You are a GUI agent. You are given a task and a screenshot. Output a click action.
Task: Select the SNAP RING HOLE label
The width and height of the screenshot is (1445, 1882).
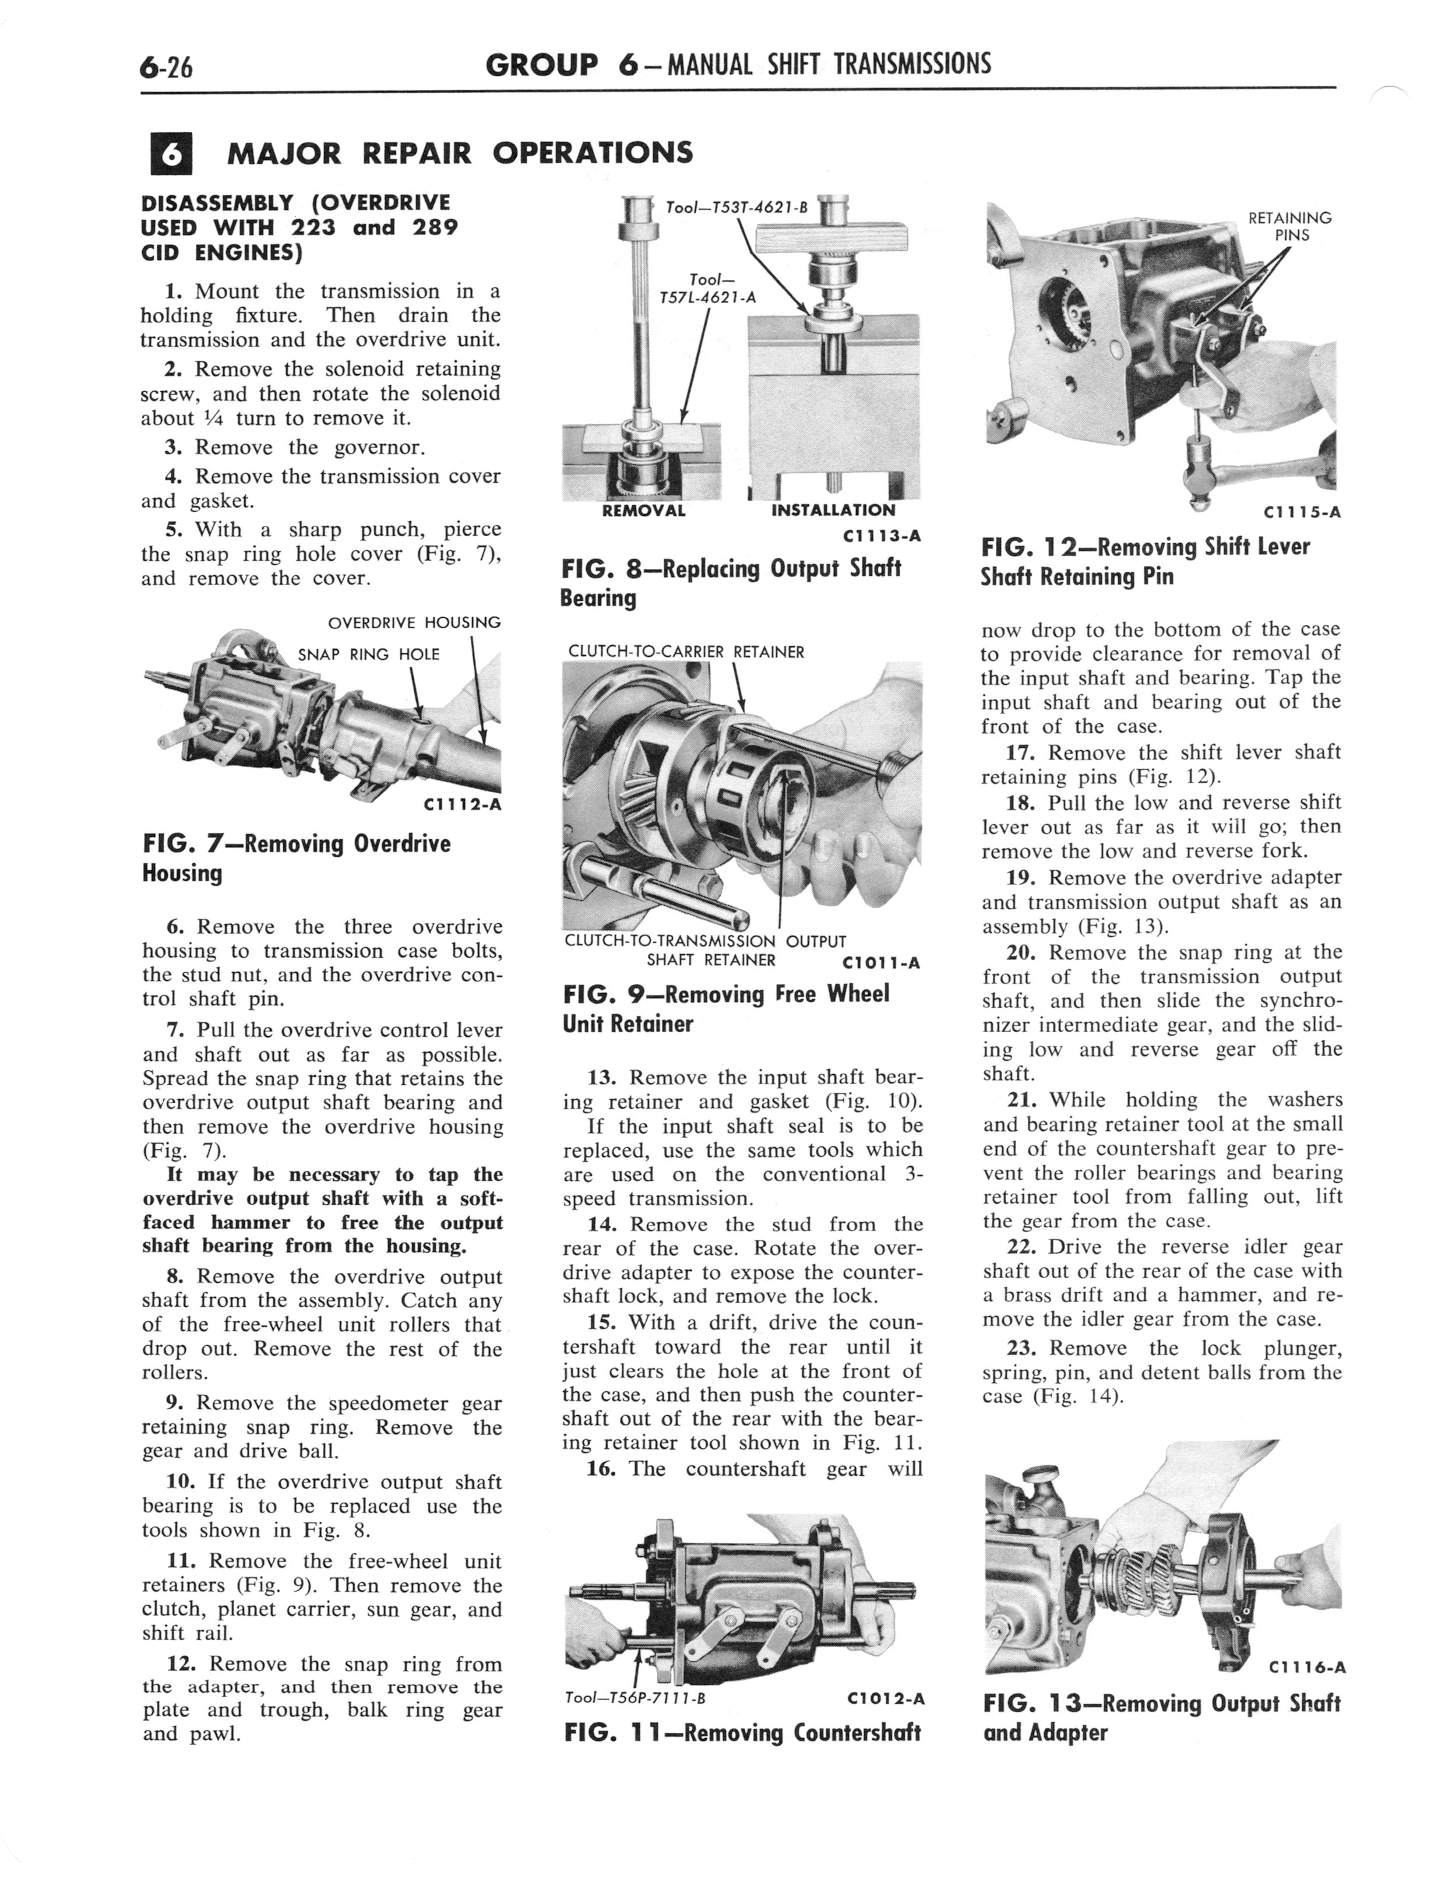click(x=368, y=655)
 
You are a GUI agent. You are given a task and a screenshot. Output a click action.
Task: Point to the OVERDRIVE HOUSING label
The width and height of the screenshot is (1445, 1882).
click(x=415, y=622)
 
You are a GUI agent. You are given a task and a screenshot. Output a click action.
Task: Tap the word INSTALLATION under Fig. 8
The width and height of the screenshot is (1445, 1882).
click(x=833, y=510)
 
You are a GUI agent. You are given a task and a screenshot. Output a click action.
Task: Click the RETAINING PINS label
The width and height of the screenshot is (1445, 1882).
click(x=1289, y=226)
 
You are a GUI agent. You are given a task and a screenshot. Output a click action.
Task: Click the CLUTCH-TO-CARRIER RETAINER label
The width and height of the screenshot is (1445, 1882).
click(x=686, y=652)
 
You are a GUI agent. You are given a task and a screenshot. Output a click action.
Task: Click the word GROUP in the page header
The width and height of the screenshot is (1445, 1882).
click(x=542, y=65)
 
